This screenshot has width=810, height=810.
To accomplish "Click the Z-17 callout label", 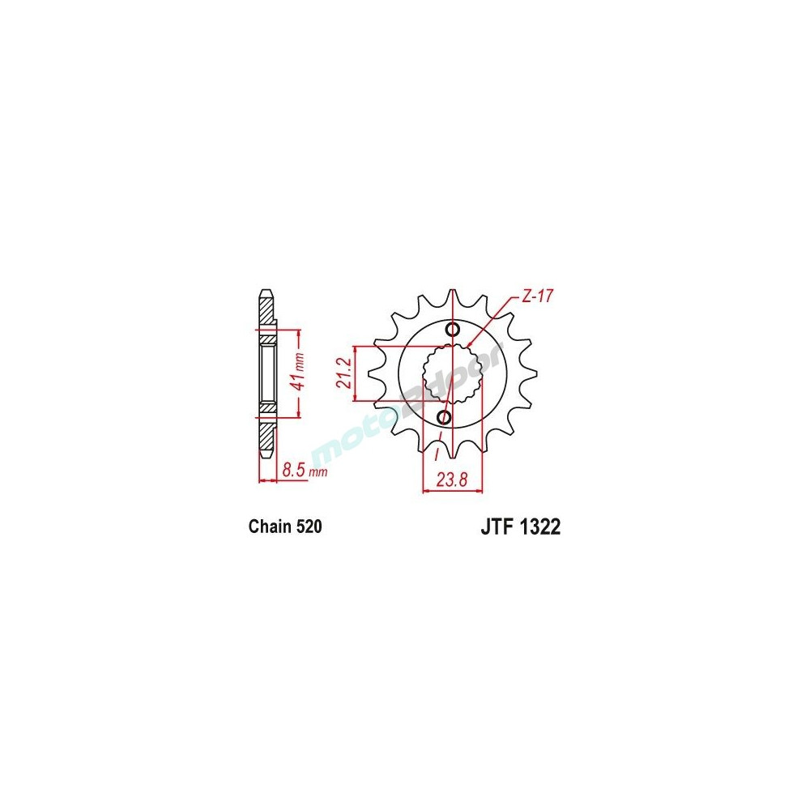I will (x=535, y=297).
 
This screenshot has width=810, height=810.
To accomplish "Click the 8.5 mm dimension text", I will (x=303, y=470).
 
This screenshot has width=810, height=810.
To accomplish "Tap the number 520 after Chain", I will (x=309, y=527).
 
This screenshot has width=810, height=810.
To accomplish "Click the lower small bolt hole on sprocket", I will (x=444, y=416).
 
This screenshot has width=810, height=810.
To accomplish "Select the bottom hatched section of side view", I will (x=266, y=437).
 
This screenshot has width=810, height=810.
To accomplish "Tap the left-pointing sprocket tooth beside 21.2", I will (x=375, y=373).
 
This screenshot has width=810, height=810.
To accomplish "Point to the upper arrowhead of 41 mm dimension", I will (x=300, y=332).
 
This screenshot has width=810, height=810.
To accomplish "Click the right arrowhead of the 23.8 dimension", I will (x=480, y=489).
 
